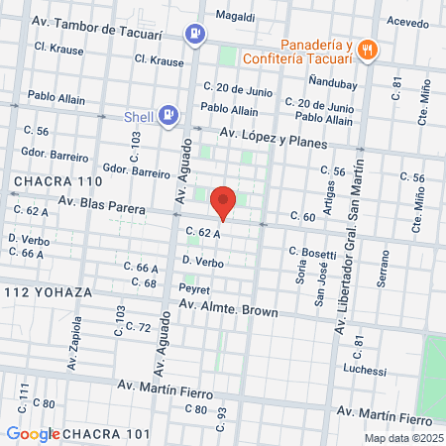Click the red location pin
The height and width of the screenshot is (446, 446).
[223, 202]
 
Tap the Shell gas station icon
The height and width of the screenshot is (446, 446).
[169, 115]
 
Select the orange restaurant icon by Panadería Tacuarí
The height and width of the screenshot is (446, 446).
[368, 50]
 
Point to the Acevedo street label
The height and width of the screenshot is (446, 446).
[407, 21]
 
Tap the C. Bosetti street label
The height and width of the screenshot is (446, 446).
[312, 255]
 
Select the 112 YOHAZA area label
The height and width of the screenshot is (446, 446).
[48, 293]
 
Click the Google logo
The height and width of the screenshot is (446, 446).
[33, 433]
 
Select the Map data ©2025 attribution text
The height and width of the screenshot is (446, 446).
[401, 437]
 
